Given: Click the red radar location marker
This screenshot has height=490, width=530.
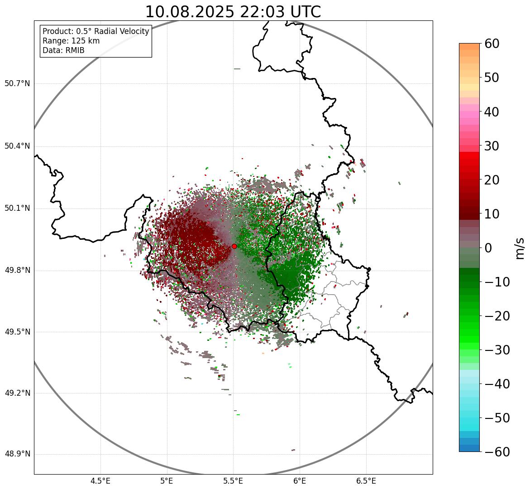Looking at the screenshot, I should [x=234, y=246].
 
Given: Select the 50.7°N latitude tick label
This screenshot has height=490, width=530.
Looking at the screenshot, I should [x=17, y=84].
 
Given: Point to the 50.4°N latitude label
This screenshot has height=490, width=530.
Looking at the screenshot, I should [x=17, y=146].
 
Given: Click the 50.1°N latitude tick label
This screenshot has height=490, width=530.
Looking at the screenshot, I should [x=17, y=209].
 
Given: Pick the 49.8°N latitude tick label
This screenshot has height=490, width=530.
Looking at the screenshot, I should [x=17, y=271].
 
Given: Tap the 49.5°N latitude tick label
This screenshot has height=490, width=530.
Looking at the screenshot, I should [x=17, y=332].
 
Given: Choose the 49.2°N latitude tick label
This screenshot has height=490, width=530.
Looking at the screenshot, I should [x=17, y=393].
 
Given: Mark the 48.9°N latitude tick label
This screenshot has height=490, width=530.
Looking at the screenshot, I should [x=17, y=454].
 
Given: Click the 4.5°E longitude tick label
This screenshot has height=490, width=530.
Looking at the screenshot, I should [x=100, y=480].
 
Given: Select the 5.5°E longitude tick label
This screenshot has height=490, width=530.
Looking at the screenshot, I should [x=233, y=480].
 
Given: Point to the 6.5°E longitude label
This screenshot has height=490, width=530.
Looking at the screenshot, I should [x=366, y=480].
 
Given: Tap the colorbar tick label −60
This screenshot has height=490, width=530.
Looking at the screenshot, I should [x=497, y=452].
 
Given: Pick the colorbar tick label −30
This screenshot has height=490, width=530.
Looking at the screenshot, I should [x=497, y=350].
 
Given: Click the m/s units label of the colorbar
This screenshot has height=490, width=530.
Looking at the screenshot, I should [x=520, y=248].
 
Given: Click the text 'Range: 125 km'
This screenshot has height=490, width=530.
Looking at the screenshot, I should [x=71, y=41].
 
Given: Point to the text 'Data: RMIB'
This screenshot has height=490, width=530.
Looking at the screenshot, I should [x=63, y=50].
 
